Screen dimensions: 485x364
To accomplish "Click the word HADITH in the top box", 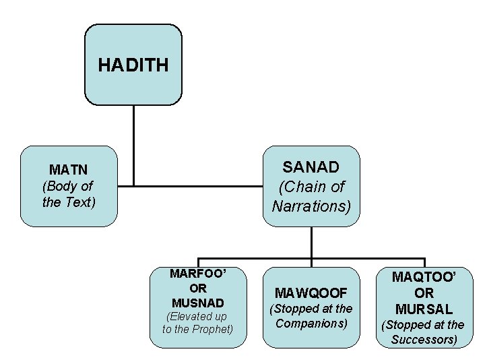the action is [133, 65].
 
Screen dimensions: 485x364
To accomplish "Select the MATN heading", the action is [68, 169].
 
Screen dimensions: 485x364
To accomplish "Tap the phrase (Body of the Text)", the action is [68, 193].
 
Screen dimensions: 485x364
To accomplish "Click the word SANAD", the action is [311, 166].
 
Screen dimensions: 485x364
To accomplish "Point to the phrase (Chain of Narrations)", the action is [311, 196].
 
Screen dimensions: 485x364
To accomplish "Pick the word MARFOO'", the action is [198, 274].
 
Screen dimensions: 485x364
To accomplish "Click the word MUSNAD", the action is [198, 302].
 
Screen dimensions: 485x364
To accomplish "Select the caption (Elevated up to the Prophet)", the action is [198, 322].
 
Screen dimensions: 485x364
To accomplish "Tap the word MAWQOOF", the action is [311, 293].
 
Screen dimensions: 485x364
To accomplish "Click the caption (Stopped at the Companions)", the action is [311, 315].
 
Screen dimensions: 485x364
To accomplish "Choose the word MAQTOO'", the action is [424, 276].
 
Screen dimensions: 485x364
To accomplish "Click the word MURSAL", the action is [424, 309].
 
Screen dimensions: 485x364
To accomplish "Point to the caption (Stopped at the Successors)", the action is [424, 332].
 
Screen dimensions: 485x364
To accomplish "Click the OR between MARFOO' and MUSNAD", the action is [198, 288].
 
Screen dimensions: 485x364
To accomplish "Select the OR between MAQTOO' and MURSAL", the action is [424, 293].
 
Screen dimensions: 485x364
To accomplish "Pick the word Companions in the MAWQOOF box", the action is [311, 323].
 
